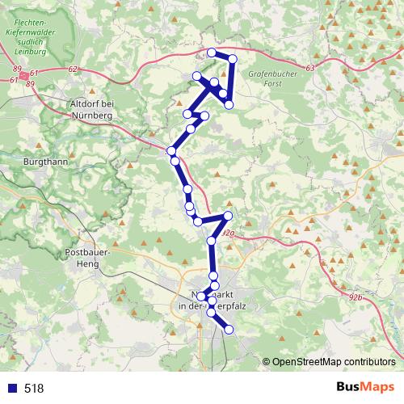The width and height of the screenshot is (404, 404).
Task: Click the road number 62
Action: [74, 69]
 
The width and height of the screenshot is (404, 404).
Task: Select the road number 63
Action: [311, 69]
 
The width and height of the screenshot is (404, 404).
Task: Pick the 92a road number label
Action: [228, 234]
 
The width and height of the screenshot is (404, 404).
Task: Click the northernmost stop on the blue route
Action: [213, 53]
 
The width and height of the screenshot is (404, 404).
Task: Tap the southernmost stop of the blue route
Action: [229, 329]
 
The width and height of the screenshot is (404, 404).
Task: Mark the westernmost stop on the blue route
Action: [170, 151]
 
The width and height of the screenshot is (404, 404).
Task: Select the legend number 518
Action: [34, 388]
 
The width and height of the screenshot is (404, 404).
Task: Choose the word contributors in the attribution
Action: [368, 361]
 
